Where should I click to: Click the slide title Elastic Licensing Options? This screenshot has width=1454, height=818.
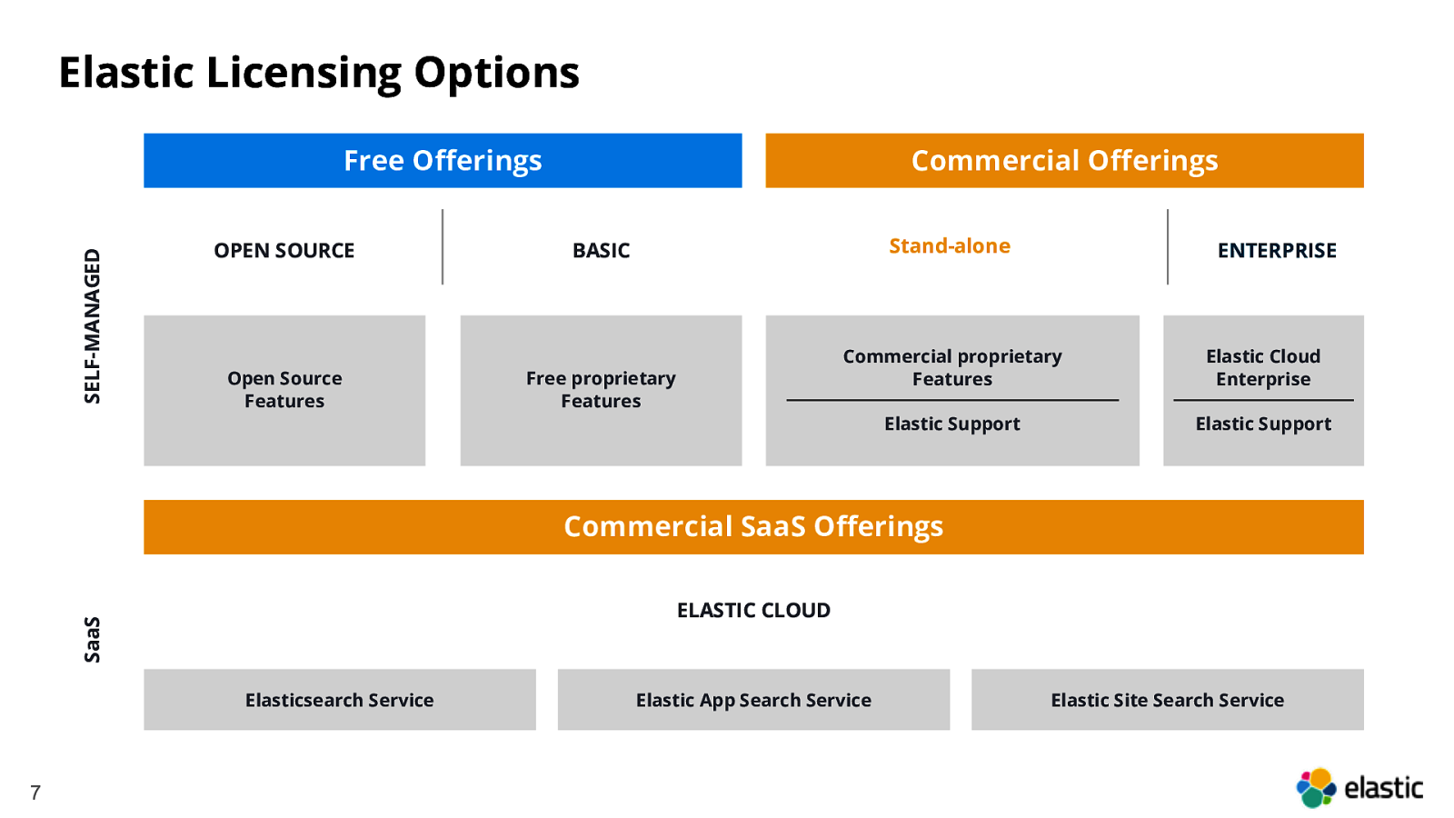click(319, 73)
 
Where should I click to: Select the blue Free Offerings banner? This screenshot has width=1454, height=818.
click(443, 160)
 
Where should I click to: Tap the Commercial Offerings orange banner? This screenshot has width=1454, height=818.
click(1064, 160)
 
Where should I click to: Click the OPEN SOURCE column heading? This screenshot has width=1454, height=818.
click(284, 250)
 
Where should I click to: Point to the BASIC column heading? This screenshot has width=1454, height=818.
click(601, 250)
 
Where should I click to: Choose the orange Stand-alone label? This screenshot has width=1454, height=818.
click(950, 246)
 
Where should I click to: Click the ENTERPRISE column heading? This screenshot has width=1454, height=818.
click(1277, 250)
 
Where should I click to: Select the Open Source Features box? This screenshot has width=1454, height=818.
click(284, 390)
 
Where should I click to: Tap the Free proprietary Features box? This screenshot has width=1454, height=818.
click(601, 390)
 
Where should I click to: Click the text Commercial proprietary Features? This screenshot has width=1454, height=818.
click(952, 367)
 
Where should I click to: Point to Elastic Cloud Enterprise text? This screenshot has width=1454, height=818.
click(1263, 367)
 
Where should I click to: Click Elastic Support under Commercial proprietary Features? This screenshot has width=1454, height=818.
click(952, 424)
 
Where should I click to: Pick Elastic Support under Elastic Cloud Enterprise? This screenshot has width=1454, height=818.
click(1263, 424)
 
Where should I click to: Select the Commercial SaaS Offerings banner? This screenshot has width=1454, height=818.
click(753, 526)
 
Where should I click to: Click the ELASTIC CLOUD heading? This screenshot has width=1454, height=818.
click(753, 610)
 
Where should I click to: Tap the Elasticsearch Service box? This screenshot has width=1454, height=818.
click(340, 699)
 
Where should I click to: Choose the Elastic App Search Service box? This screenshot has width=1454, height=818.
click(753, 699)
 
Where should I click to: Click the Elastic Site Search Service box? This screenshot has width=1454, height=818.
click(1167, 699)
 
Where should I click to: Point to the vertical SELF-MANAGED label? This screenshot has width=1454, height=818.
click(92, 326)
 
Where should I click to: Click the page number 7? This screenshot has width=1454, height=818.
click(35, 793)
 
